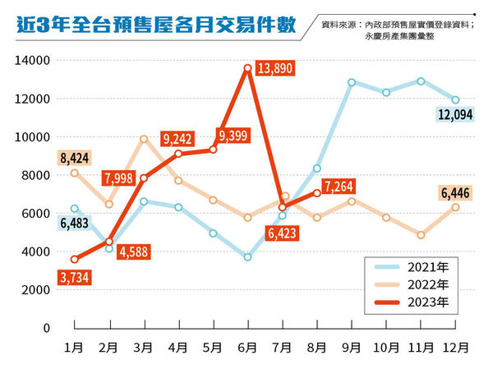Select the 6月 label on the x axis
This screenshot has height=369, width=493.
(x=247, y=348)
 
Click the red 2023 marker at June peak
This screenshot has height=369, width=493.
(x=247, y=68)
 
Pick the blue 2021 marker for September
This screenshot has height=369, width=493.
(x=351, y=82)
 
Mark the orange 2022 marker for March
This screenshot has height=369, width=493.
(x=144, y=139)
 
